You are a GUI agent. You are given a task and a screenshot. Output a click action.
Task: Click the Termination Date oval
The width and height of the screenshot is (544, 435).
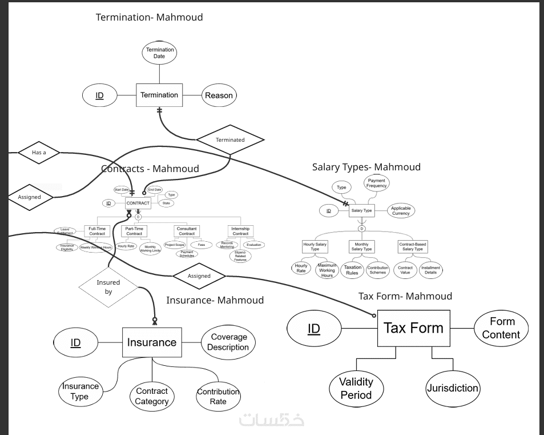point(159,53)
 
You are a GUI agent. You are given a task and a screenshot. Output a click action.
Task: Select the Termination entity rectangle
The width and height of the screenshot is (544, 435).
point(159,95)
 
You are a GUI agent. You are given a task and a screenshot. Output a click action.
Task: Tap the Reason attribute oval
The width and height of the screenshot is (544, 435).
point(219,95)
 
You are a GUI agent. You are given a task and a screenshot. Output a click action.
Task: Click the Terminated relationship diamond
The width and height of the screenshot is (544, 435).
point(230,139)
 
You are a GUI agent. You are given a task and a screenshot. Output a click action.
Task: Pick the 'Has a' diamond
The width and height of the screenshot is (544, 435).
point(39,153)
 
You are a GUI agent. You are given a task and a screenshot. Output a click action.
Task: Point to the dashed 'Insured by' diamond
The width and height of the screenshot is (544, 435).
point(108,286)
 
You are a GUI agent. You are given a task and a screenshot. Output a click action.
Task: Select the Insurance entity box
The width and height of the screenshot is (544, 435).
point(152,342)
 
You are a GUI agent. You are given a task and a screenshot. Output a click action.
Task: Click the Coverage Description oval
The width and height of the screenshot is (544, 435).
point(228,342)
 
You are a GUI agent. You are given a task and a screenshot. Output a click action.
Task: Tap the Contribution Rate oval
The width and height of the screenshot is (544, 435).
point(218,396)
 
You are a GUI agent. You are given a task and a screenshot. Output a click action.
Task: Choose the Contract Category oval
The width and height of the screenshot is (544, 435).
point(152,396)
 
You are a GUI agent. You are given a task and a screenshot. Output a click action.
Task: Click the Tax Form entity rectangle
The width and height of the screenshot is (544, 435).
point(413,328)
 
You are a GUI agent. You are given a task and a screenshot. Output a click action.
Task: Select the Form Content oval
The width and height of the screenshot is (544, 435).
point(501,329)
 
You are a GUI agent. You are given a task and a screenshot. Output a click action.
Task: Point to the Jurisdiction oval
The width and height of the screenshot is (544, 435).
point(453,388)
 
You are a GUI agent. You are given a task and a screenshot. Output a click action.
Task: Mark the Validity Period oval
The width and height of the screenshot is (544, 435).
point(356,389)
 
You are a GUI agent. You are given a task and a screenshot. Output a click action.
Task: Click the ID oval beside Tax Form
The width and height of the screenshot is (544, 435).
point(313,329)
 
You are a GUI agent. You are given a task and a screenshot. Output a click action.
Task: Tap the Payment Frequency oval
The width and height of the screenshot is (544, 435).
point(377,183)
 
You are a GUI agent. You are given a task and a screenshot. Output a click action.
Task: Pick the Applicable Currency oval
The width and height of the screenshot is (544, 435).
point(401,211)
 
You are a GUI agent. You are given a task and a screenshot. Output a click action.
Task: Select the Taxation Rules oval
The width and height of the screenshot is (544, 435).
point(352,270)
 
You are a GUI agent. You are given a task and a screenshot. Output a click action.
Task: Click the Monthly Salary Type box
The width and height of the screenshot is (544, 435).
point(361,247)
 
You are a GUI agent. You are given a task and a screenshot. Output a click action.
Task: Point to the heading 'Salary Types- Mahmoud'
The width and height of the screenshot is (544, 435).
point(366,167)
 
